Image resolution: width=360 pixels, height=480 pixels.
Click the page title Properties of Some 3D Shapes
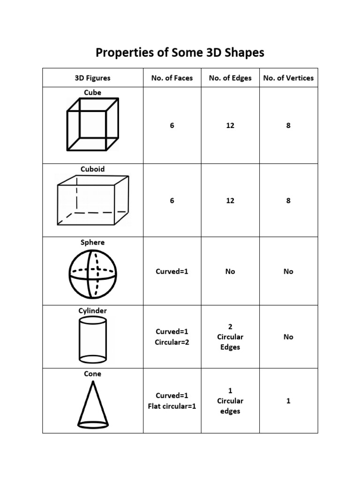180,52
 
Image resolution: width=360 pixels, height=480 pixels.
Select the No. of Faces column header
172,78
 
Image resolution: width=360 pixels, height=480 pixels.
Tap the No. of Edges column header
230,78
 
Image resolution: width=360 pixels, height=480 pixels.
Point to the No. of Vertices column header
288,78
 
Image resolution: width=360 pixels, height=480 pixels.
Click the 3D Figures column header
93,78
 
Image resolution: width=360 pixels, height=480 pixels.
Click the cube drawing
93,124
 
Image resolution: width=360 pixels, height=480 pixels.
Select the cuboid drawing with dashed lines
93,201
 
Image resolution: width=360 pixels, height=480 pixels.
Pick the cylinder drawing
93,339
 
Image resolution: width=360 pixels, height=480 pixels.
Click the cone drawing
93,404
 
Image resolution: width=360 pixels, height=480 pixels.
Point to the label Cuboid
93,169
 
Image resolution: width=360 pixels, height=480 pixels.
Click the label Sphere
93,242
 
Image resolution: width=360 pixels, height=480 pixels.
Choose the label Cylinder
93,311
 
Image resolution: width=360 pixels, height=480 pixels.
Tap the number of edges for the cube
230,126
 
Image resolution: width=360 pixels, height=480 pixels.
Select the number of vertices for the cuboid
288,201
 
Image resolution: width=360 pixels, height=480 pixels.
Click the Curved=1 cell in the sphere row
172,271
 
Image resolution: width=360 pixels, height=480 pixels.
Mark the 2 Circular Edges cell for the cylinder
230,337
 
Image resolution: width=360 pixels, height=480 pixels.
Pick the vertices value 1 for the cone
288,401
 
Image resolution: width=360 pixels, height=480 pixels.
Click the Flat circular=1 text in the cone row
172,406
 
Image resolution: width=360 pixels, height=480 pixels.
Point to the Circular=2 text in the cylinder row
172,342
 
